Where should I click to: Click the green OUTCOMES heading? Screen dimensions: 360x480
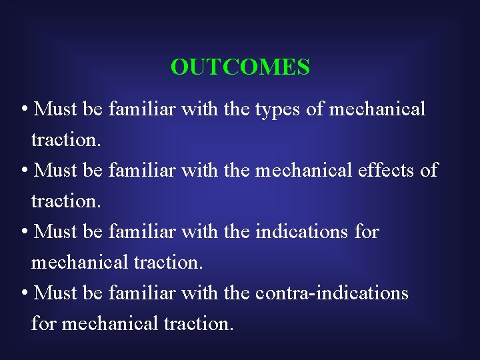point(240,67)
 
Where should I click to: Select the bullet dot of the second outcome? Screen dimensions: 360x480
point(24,171)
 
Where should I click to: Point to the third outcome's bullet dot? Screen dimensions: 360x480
point(24,233)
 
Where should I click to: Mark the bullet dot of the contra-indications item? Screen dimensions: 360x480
point(24,294)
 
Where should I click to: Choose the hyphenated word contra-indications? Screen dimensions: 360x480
point(331,293)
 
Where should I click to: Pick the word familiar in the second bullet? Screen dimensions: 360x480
point(141,170)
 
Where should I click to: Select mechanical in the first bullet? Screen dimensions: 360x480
point(375,109)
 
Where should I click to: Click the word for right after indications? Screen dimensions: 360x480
point(366,231)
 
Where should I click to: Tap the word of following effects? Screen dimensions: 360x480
point(429,170)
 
